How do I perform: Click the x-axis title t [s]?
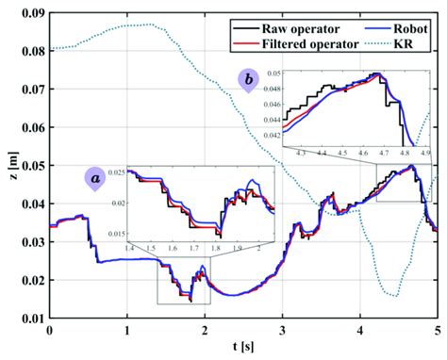point(242,350)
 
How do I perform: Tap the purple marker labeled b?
point(248,81)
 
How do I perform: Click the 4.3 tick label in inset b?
point(302,151)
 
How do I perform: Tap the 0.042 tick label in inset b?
point(279,136)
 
